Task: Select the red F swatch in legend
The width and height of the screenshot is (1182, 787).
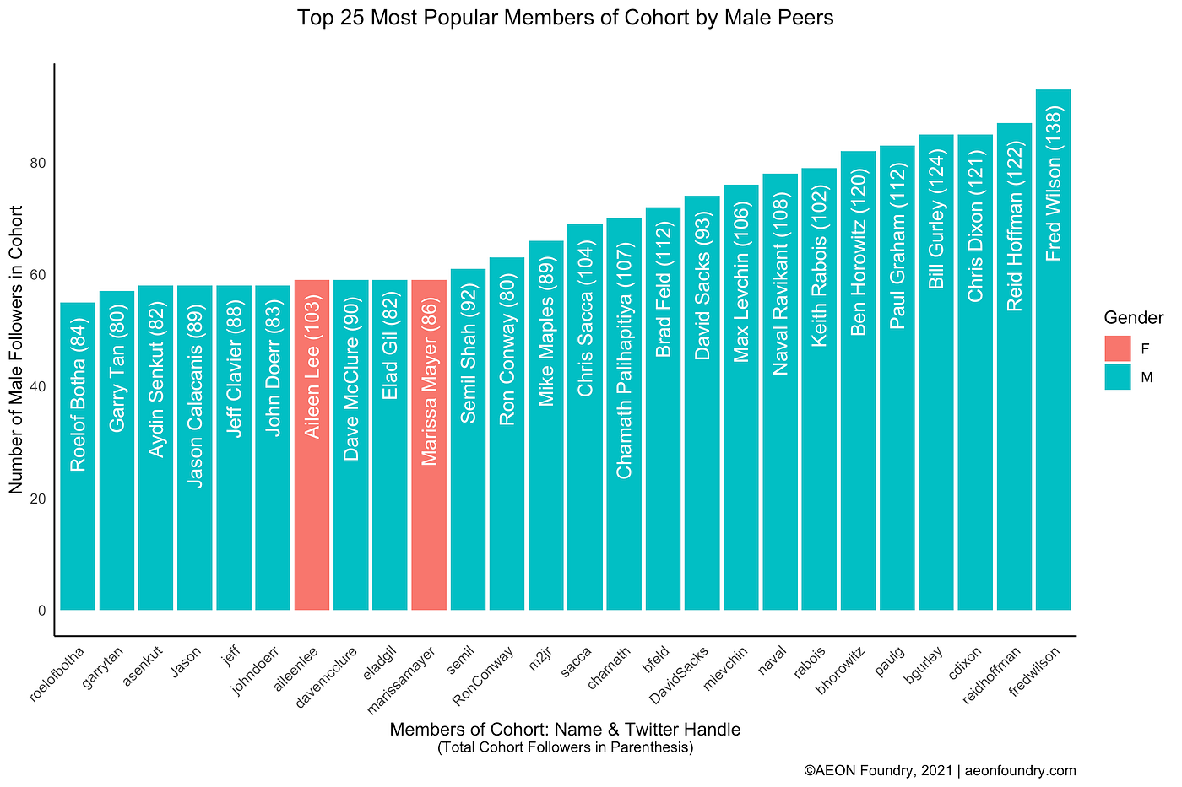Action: pyautogui.click(x=1117, y=348)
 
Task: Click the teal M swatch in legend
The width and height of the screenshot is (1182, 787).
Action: pyautogui.click(x=1117, y=377)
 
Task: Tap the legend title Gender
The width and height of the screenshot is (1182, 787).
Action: pyautogui.click(x=1134, y=318)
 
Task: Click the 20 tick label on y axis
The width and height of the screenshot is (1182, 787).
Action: pyautogui.click(x=38, y=499)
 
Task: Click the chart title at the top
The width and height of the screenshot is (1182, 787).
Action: pyautogui.click(x=565, y=18)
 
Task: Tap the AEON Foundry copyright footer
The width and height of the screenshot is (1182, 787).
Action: pyautogui.click(x=939, y=770)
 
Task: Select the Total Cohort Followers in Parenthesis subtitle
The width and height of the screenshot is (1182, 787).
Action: pyautogui.click(x=565, y=747)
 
